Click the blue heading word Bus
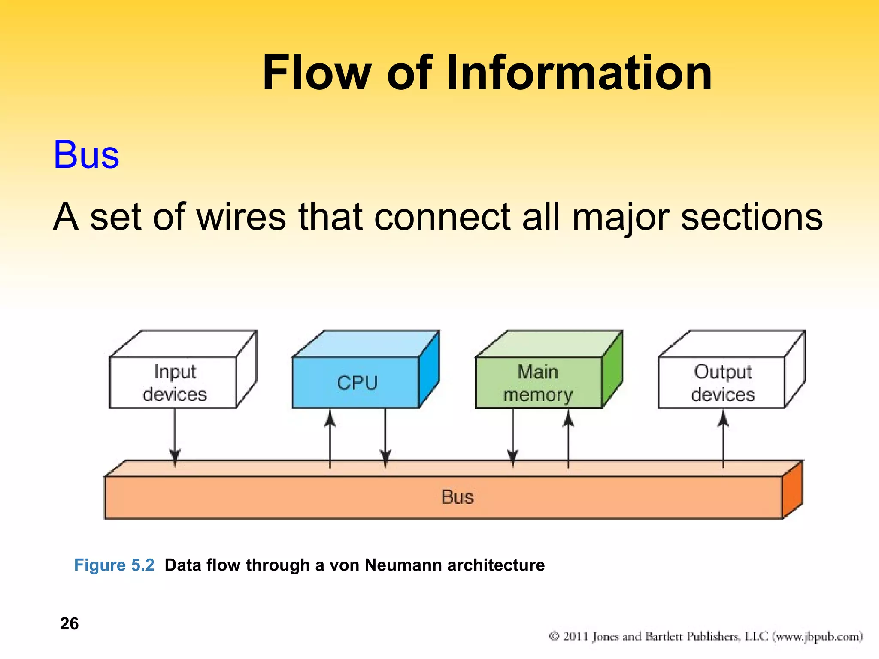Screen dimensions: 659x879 click(x=86, y=155)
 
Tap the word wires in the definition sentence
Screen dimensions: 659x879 click(x=241, y=217)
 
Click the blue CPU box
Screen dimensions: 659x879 click(x=356, y=382)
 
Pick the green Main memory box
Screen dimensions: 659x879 click(x=539, y=382)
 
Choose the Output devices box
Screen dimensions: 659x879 click(x=722, y=382)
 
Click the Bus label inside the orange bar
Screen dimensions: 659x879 click(x=457, y=497)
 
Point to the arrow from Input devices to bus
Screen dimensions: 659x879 click(x=175, y=438)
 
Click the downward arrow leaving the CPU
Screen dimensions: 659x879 click(x=385, y=438)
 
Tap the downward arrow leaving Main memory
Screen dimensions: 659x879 click(x=513, y=438)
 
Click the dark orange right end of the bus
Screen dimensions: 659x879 click(x=792, y=491)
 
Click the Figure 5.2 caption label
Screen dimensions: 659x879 click(x=114, y=565)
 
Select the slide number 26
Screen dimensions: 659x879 click(x=69, y=623)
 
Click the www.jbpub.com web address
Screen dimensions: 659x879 click(x=817, y=636)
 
